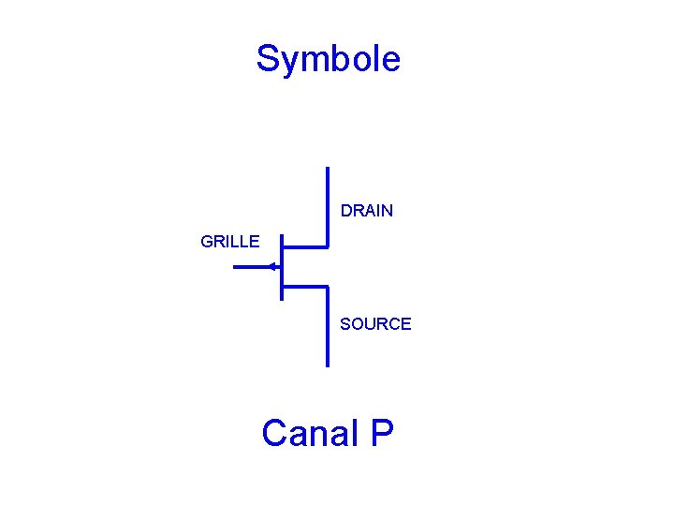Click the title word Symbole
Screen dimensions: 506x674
pos(328,59)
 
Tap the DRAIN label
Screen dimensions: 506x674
pos(367,211)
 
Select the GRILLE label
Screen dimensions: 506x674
pos(230,242)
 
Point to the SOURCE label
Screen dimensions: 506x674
pos(375,324)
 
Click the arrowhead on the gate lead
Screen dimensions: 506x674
pos(272,267)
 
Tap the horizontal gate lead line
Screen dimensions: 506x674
pos(251,267)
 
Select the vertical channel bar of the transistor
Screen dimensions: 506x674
pos(281,267)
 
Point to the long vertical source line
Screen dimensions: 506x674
pos(328,328)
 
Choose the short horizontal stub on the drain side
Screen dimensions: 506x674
pos(304,247)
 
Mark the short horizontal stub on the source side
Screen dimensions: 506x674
pos(304,286)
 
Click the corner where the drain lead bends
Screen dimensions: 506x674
pos(328,247)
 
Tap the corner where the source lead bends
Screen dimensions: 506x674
pos(328,286)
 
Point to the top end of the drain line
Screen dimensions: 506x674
pos(328,169)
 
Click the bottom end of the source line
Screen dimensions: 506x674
pos(328,364)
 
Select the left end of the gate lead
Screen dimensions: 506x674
pos(234,267)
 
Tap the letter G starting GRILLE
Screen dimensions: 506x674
pos(207,242)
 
